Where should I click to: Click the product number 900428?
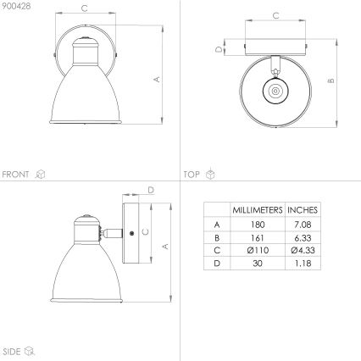tap(15, 7)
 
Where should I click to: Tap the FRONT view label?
tap(16, 174)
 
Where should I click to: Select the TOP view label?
tap(192, 174)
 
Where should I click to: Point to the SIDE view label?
tap(12, 349)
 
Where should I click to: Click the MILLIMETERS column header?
tap(257, 209)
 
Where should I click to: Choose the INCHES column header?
tap(302, 209)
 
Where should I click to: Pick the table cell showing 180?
tap(257, 224)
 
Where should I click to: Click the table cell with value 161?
tap(257, 237)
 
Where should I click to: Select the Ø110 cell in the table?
tap(257, 251)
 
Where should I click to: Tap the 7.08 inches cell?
tap(302, 224)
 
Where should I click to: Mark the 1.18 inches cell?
tap(302, 264)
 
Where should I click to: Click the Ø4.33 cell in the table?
tap(302, 251)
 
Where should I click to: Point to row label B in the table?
tap(217, 237)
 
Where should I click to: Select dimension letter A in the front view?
tap(157, 80)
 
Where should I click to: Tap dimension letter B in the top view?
tap(332, 81)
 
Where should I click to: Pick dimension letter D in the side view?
tap(150, 190)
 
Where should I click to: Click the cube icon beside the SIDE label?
tap(31, 349)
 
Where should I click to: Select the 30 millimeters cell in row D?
tap(257, 264)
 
